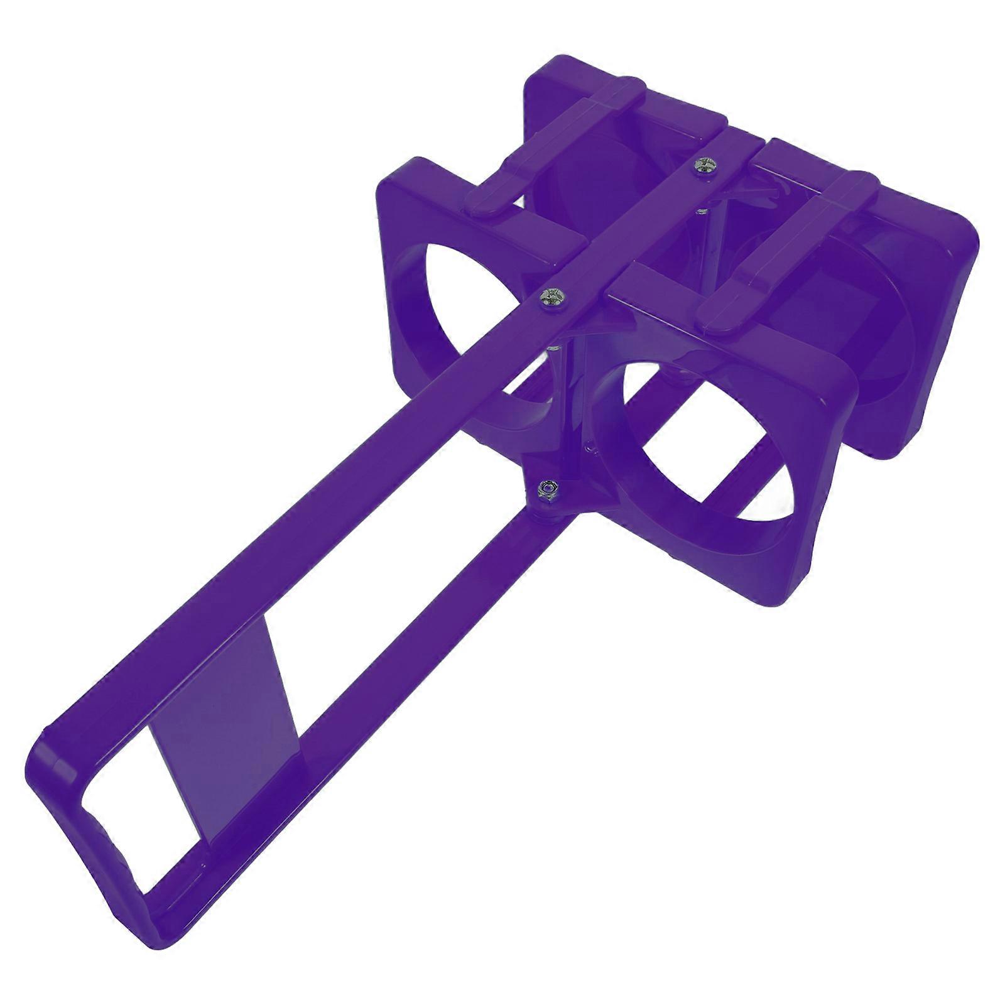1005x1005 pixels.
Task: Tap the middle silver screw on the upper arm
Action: coord(551,297)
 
